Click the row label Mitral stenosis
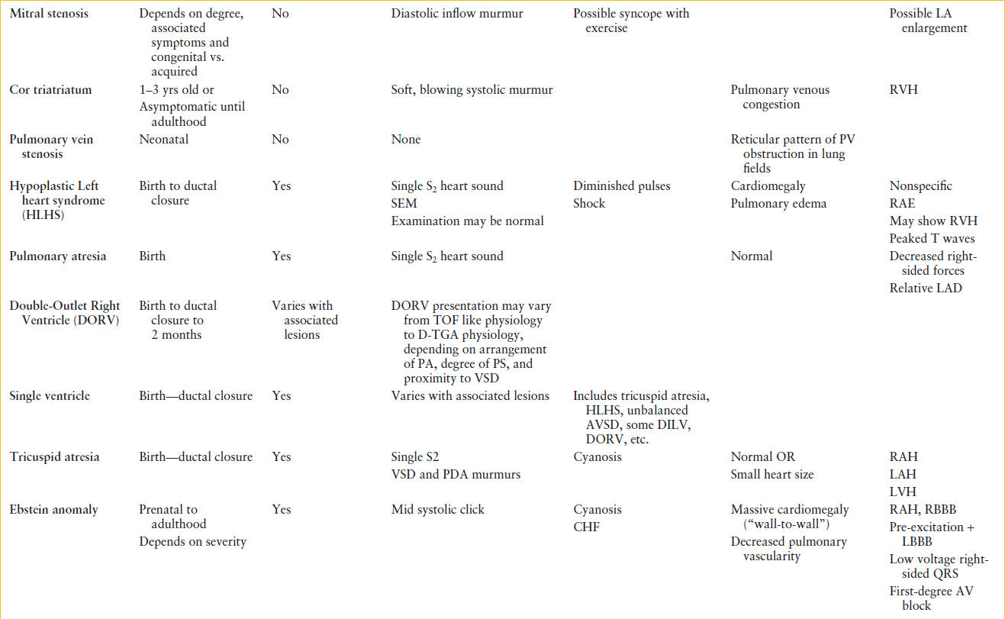(49, 14)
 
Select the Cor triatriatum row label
(50, 90)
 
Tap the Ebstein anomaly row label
(53, 509)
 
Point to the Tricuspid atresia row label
(54, 456)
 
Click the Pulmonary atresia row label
(58, 256)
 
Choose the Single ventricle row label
(50, 395)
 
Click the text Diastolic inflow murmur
(457, 14)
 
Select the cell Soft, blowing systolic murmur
(472, 90)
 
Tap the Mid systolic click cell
(437, 509)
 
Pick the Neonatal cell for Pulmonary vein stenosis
(163, 140)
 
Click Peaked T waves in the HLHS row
(932, 238)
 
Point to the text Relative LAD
(926, 288)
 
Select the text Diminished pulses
(621, 185)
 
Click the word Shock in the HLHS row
(589, 203)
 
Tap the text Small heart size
(772, 474)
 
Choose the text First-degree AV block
(931, 598)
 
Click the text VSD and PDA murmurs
(456, 474)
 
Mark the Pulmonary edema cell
(778, 203)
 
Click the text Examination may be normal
(468, 221)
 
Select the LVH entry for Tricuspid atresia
(903, 492)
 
